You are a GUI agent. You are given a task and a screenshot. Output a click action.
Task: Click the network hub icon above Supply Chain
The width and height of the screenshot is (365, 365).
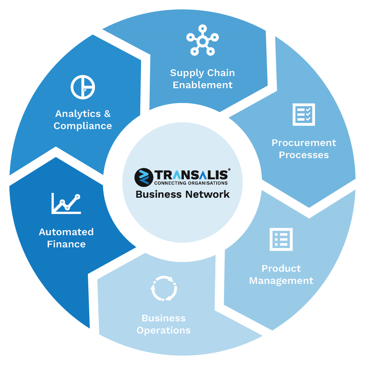point(202,40)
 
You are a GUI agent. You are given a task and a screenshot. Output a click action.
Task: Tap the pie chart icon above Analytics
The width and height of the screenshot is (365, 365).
point(83,87)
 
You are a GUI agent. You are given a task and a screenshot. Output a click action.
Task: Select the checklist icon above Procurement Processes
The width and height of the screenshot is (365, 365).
point(304,115)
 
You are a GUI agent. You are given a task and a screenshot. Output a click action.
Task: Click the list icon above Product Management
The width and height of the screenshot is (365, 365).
point(281,239)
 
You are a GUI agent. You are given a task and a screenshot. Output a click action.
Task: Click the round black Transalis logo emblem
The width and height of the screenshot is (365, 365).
point(144,177)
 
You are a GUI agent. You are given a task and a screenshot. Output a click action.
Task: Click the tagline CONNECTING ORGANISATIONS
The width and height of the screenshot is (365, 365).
point(191,183)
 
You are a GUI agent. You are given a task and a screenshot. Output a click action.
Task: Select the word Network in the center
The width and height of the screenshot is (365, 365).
point(208,194)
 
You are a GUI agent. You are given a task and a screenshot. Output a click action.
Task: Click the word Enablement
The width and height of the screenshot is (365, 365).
point(202,85)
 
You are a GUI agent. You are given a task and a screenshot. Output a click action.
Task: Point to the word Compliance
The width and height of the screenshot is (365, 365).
point(83,126)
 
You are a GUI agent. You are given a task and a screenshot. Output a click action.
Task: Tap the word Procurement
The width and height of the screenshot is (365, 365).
point(304,143)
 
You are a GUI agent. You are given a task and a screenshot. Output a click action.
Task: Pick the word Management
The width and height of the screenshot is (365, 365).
point(281,281)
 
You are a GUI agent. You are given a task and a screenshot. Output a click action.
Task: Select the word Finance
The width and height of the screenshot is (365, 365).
point(66,244)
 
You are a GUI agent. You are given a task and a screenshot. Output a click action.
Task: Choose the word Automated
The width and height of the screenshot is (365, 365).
point(66,232)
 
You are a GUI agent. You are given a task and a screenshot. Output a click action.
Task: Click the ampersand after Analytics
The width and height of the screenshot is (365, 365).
point(107,114)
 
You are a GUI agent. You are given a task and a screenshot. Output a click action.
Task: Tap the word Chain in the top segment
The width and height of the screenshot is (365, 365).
point(221,73)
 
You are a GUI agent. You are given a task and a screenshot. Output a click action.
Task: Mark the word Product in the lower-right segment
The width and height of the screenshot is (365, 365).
point(281,269)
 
